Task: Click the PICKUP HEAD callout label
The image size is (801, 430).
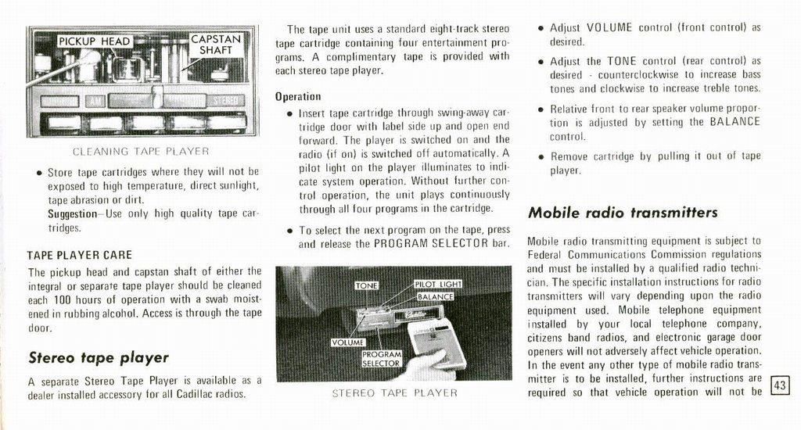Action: [95, 41]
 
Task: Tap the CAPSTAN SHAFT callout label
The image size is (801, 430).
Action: [216, 44]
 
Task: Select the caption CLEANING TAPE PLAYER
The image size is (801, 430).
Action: [141, 151]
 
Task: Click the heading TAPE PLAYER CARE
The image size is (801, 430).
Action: [79, 255]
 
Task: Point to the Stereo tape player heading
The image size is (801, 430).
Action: [99, 358]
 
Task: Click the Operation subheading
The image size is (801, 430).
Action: [298, 97]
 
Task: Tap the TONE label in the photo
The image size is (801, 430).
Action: [367, 286]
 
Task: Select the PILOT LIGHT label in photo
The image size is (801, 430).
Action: [438, 285]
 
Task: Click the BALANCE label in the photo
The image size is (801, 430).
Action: [436, 297]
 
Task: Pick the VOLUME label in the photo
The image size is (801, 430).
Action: [348, 342]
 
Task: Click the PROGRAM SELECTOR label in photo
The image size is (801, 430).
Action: [381, 359]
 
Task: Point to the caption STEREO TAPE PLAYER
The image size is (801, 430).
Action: [395, 393]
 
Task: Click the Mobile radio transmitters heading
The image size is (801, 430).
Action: [623, 213]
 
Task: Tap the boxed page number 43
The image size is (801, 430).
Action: [779, 385]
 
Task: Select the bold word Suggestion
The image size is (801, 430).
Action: [71, 213]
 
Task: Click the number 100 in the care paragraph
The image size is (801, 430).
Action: [63, 300]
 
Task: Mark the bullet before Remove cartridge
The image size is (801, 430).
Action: [541, 157]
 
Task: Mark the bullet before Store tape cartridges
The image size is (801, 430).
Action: [38, 172]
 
